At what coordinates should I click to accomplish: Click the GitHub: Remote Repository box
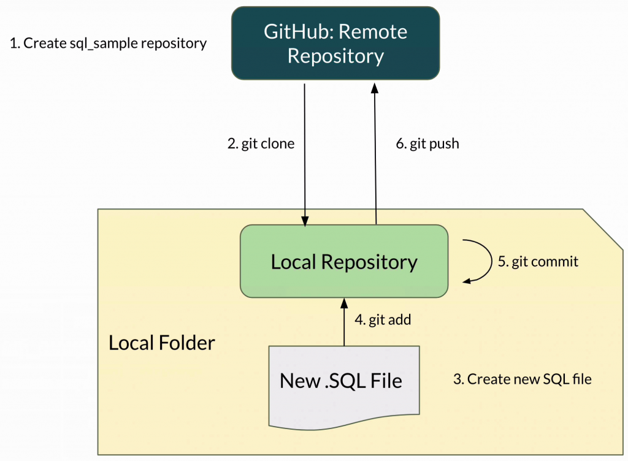[x=335, y=43]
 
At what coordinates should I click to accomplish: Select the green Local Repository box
[x=344, y=262]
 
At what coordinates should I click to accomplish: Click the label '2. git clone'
[x=261, y=144]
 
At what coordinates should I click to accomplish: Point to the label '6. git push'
[x=427, y=144]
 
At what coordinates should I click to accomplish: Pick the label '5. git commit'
[x=538, y=262]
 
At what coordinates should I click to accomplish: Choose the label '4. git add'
[x=383, y=319]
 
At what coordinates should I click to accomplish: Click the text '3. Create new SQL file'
[x=522, y=379]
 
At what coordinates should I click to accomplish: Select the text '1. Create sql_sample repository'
[x=109, y=44]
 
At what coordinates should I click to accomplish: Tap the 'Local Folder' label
[x=162, y=343]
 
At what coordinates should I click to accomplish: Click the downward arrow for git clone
[x=305, y=153]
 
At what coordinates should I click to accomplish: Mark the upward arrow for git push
[x=375, y=153]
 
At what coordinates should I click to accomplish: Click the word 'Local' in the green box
[x=294, y=262]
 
